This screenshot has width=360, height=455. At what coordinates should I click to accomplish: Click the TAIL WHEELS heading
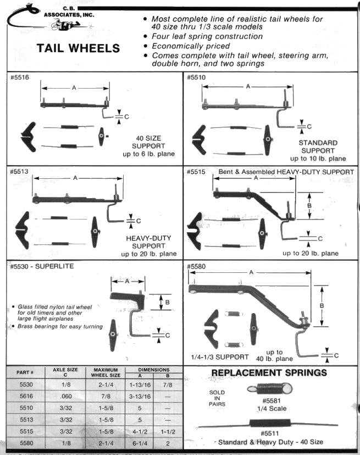(x=78, y=48)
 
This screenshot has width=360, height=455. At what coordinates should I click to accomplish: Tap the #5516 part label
(x=19, y=78)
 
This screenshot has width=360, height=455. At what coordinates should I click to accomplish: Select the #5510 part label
(x=196, y=78)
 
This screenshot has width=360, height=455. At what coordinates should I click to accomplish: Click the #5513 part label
(x=19, y=171)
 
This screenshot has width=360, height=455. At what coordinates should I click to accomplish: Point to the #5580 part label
(x=196, y=267)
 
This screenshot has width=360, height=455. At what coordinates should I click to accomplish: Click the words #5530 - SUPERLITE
(x=42, y=267)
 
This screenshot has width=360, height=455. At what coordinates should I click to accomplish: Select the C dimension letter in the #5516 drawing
(x=127, y=116)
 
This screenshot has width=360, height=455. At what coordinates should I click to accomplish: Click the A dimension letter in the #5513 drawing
(x=75, y=178)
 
